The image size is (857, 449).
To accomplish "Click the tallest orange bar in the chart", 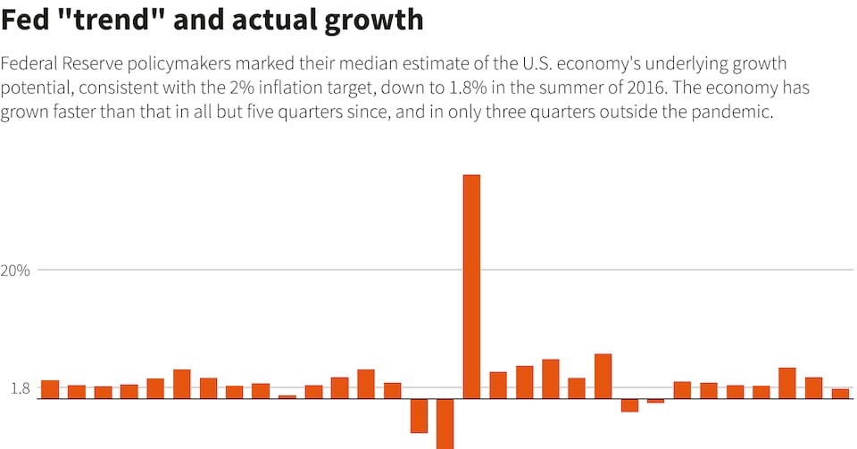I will click(471, 286).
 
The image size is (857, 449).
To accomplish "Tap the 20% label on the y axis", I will click(15, 270).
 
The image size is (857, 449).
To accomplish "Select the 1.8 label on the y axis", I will click(21, 388).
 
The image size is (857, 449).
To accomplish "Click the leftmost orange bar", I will click(50, 389).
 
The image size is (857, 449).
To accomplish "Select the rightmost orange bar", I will click(840, 394).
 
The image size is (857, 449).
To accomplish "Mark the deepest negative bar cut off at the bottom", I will click(445, 424).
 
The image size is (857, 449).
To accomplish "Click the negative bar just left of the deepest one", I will click(419, 415).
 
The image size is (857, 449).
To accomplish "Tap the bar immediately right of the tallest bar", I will click(498, 385).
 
